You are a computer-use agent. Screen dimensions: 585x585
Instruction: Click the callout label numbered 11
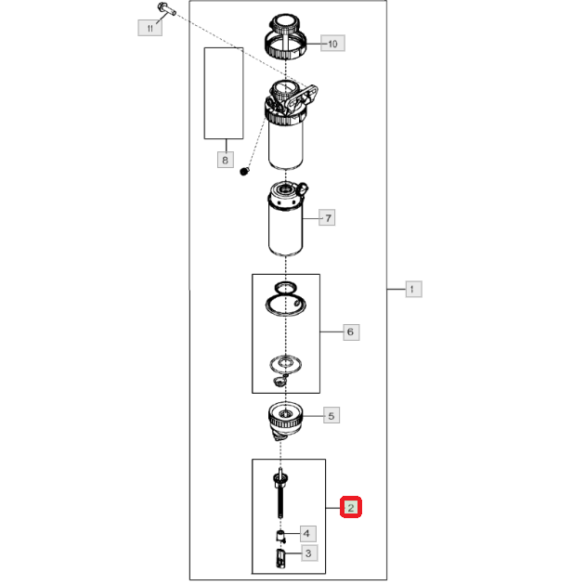150,29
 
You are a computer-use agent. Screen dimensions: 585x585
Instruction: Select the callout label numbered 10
332,44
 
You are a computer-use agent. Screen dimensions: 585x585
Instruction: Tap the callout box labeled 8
226,160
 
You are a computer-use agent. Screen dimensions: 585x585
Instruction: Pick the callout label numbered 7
327,218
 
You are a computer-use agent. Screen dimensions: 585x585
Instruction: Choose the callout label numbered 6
351,332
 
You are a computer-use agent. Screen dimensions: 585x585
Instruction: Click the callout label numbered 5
331,416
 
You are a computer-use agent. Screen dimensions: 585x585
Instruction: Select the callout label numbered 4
308,534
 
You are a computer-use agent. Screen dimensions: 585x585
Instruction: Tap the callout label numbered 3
309,553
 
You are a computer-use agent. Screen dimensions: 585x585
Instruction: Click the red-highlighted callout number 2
351,507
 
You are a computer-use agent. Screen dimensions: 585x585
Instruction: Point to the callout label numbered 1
414,289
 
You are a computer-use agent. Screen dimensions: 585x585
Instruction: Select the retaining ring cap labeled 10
285,36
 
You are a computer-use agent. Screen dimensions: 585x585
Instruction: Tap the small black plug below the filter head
244,172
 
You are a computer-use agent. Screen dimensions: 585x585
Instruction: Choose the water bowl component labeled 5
285,421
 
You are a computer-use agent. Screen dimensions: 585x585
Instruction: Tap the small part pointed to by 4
281,537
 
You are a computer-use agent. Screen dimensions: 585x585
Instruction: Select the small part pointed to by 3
281,558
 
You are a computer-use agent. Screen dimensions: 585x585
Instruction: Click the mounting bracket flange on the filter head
304,97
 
